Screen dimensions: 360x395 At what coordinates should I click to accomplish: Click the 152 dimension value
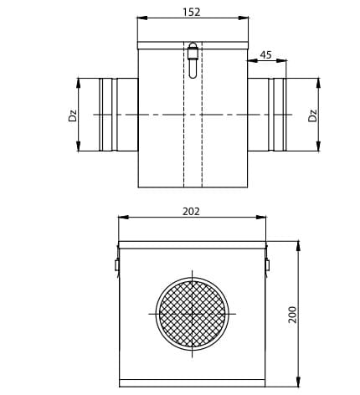click(192, 12)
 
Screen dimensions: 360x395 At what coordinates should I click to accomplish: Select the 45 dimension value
click(265, 55)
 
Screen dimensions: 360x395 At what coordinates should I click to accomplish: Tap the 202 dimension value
click(191, 212)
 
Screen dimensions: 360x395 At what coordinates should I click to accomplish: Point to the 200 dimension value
click(292, 315)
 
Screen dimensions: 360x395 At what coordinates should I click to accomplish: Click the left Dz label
click(72, 115)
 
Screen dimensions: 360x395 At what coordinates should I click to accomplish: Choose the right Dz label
click(313, 115)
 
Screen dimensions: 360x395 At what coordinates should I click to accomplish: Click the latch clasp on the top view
click(193, 60)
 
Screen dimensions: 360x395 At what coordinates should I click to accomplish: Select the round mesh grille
click(193, 314)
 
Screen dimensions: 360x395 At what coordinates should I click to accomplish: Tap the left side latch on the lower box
click(117, 262)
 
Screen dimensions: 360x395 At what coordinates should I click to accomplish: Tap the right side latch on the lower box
click(267, 262)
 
